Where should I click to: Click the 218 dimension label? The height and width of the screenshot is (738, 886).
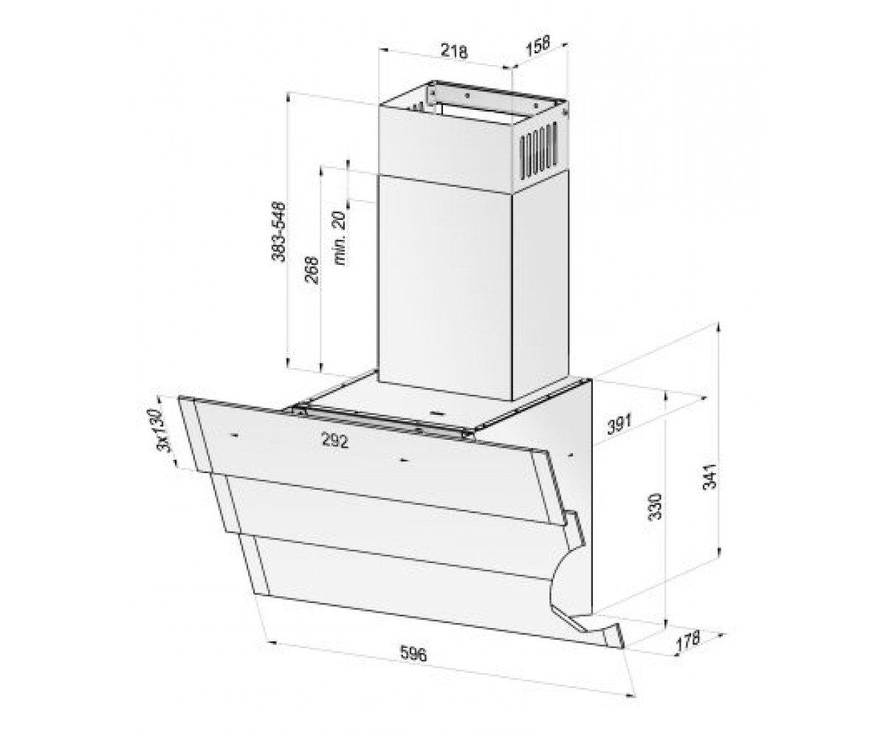(454, 51)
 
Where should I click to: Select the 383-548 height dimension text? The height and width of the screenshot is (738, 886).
(278, 232)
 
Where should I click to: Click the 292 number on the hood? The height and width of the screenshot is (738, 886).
(334, 441)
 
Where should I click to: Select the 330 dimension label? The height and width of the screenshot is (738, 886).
(655, 506)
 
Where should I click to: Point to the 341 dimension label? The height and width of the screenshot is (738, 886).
(709, 476)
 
